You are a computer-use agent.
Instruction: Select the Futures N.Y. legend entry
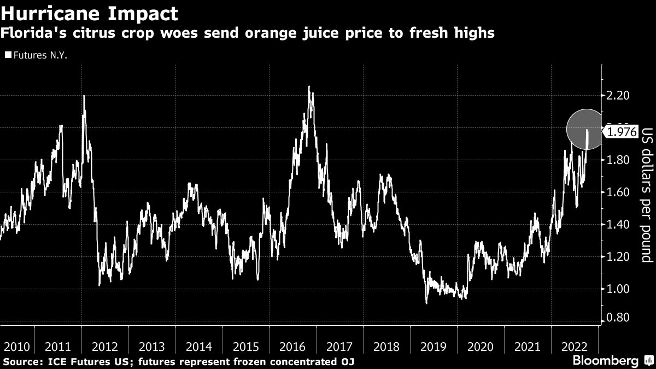[36, 55]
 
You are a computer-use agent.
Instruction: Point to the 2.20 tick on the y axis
[618, 96]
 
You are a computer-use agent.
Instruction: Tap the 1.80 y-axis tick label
[618, 160]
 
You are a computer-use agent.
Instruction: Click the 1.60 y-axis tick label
[618, 192]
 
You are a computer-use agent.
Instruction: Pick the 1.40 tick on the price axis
[618, 225]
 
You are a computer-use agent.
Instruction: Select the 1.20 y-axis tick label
[618, 257]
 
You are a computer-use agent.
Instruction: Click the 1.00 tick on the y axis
[618, 289]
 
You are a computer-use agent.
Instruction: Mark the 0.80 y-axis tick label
[618, 318]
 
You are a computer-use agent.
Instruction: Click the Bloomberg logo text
[605, 361]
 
